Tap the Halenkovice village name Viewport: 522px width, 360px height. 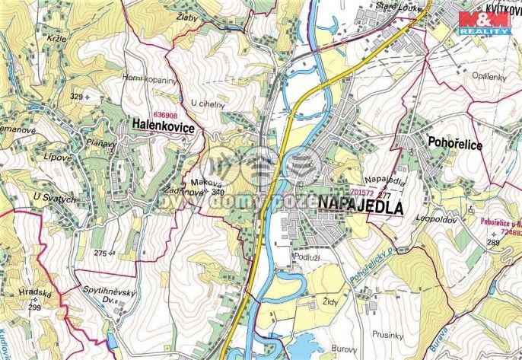[162, 124]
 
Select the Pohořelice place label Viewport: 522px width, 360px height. [455, 145]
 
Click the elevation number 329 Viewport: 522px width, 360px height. [76, 97]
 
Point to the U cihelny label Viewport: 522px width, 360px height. [208, 104]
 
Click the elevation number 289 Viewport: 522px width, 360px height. [492, 242]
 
